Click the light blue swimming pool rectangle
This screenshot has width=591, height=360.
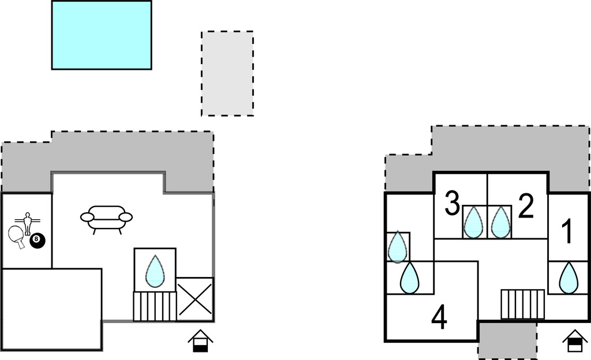click(102, 35)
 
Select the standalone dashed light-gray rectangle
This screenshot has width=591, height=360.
click(227, 73)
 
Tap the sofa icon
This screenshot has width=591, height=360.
click(106, 219)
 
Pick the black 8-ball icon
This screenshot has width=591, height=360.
click(38, 241)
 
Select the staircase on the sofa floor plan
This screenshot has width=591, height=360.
click(155, 306)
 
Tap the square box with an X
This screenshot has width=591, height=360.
click(195, 299)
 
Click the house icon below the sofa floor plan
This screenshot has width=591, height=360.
click(200, 340)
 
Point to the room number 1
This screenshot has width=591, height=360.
click(568, 232)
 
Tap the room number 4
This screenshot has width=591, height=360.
click(439, 318)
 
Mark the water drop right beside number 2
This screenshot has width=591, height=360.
click(500, 222)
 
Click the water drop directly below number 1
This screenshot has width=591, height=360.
click(569, 277)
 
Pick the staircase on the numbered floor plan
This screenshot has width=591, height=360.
click(522, 304)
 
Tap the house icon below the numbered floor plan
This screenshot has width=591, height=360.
click(575, 340)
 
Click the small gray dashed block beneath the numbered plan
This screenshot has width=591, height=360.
click(507, 340)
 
